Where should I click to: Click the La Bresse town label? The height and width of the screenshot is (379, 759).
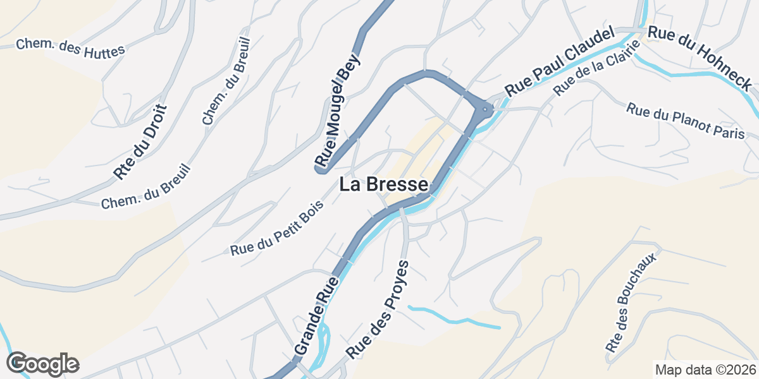coord(384,184)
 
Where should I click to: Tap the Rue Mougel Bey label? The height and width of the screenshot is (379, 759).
coord(338,111)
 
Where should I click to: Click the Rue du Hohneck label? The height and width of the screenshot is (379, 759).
coord(701,58)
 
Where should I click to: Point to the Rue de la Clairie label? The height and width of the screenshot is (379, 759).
coord(592,74)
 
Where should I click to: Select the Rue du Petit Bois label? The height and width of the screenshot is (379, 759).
coord(276,228)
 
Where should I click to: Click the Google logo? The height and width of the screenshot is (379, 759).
coord(42,364)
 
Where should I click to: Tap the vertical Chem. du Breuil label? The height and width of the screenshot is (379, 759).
coord(226,81)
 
